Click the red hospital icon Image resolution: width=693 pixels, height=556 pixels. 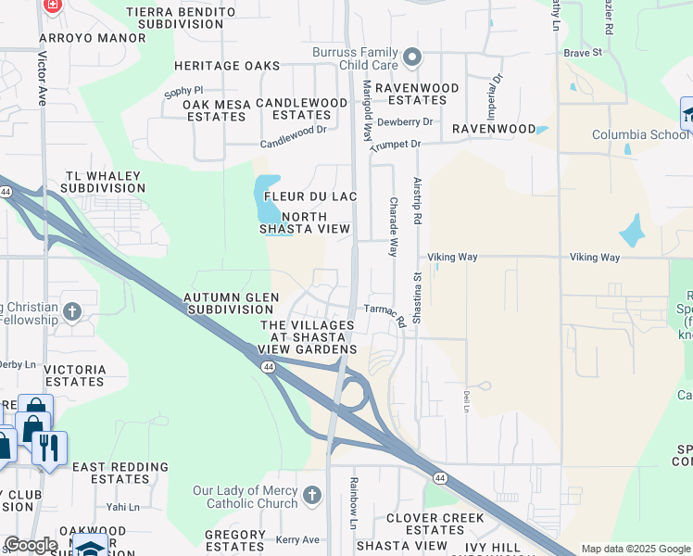[x=53, y=5]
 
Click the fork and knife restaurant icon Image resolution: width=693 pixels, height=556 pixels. [x=49, y=449]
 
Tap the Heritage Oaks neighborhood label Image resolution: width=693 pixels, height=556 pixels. [x=227, y=66]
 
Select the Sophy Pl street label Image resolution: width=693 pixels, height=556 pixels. [x=183, y=91]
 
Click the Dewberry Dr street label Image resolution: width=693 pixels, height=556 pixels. [x=406, y=121]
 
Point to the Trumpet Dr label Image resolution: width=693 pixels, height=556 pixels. [x=396, y=145]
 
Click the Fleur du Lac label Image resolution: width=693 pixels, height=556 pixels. [x=309, y=196]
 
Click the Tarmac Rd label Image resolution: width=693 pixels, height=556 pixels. [x=386, y=314]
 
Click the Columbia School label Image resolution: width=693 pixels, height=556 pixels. [x=640, y=134]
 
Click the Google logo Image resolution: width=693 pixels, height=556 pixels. [x=31, y=545]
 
